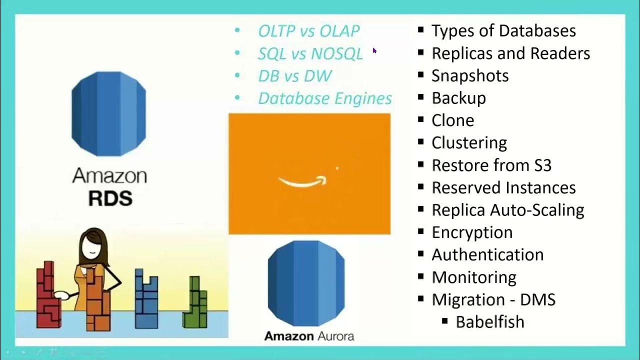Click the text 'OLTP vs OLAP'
[x=308, y=31]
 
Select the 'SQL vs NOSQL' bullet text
[x=310, y=53]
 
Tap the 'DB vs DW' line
[x=294, y=76]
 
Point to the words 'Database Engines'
[x=324, y=98]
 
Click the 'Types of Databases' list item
[x=503, y=31]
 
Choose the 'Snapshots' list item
[x=470, y=76]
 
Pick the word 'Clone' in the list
[x=453, y=120]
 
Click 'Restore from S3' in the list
[x=491, y=165]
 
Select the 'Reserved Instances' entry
[x=503, y=187]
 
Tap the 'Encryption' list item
[x=472, y=232]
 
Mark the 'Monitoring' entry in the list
[x=474, y=277]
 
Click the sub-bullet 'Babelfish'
[x=489, y=321]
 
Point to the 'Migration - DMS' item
[x=493, y=299]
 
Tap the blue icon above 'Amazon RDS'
[x=109, y=113]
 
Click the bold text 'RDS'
[x=110, y=198]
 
